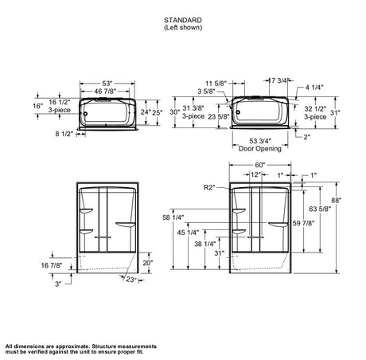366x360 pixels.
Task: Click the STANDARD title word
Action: (x=183, y=20)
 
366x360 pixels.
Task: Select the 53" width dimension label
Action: (x=107, y=84)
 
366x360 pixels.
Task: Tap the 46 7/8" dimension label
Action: (x=106, y=92)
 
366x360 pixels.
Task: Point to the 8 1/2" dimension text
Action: (x=64, y=134)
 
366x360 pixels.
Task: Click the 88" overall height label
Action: (x=336, y=201)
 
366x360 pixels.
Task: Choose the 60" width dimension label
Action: (x=260, y=165)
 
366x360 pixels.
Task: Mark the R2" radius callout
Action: (x=209, y=188)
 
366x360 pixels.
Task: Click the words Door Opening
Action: (x=260, y=149)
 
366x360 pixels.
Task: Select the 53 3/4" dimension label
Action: (x=260, y=141)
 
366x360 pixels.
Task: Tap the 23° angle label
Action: (x=130, y=280)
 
